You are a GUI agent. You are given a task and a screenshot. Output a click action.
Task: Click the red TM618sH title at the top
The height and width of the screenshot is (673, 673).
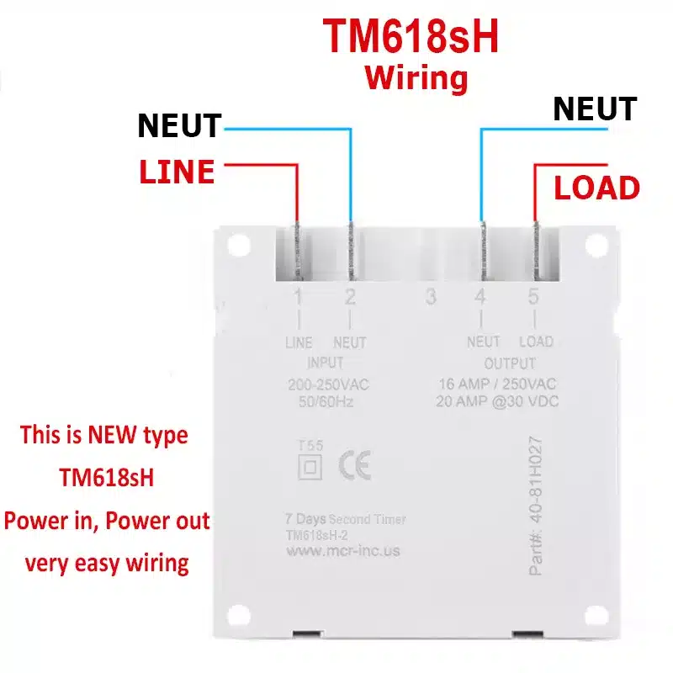(411, 36)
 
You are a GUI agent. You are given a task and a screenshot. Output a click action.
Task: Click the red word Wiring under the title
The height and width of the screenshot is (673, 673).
(416, 77)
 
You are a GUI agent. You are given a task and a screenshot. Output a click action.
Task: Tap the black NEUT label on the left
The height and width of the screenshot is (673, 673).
(179, 125)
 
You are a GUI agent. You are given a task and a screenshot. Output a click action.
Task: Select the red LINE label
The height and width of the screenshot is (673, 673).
(177, 172)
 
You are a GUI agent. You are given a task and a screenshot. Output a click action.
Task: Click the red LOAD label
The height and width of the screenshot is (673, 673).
(596, 188)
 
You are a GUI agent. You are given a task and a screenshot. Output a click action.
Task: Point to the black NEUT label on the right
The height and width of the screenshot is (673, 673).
(595, 109)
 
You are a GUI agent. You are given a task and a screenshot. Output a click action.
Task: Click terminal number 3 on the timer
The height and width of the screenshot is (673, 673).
(431, 297)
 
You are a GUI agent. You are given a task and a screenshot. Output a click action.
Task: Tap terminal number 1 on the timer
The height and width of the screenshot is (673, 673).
(299, 297)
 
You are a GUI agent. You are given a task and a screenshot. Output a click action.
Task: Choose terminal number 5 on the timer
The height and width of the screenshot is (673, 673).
(533, 296)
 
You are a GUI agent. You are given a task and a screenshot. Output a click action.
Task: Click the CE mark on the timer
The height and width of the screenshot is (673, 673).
(355, 466)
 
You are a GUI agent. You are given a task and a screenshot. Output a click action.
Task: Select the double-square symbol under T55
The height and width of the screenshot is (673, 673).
(310, 467)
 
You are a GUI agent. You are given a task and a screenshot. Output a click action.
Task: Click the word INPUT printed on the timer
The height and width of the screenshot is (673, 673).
(326, 363)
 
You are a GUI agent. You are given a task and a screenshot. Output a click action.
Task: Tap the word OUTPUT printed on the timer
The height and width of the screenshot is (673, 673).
(510, 363)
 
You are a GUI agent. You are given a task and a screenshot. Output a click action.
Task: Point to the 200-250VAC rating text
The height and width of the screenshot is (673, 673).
(328, 384)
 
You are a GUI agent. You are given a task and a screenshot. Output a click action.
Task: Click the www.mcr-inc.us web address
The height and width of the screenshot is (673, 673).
(343, 551)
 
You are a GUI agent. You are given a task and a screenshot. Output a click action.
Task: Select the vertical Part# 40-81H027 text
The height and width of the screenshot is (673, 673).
(536, 506)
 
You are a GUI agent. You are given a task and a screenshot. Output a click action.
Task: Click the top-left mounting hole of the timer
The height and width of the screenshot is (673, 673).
(239, 246)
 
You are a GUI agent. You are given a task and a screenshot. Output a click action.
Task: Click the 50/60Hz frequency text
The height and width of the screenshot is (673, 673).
(326, 402)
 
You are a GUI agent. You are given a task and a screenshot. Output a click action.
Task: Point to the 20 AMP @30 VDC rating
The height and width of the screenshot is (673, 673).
(497, 401)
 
